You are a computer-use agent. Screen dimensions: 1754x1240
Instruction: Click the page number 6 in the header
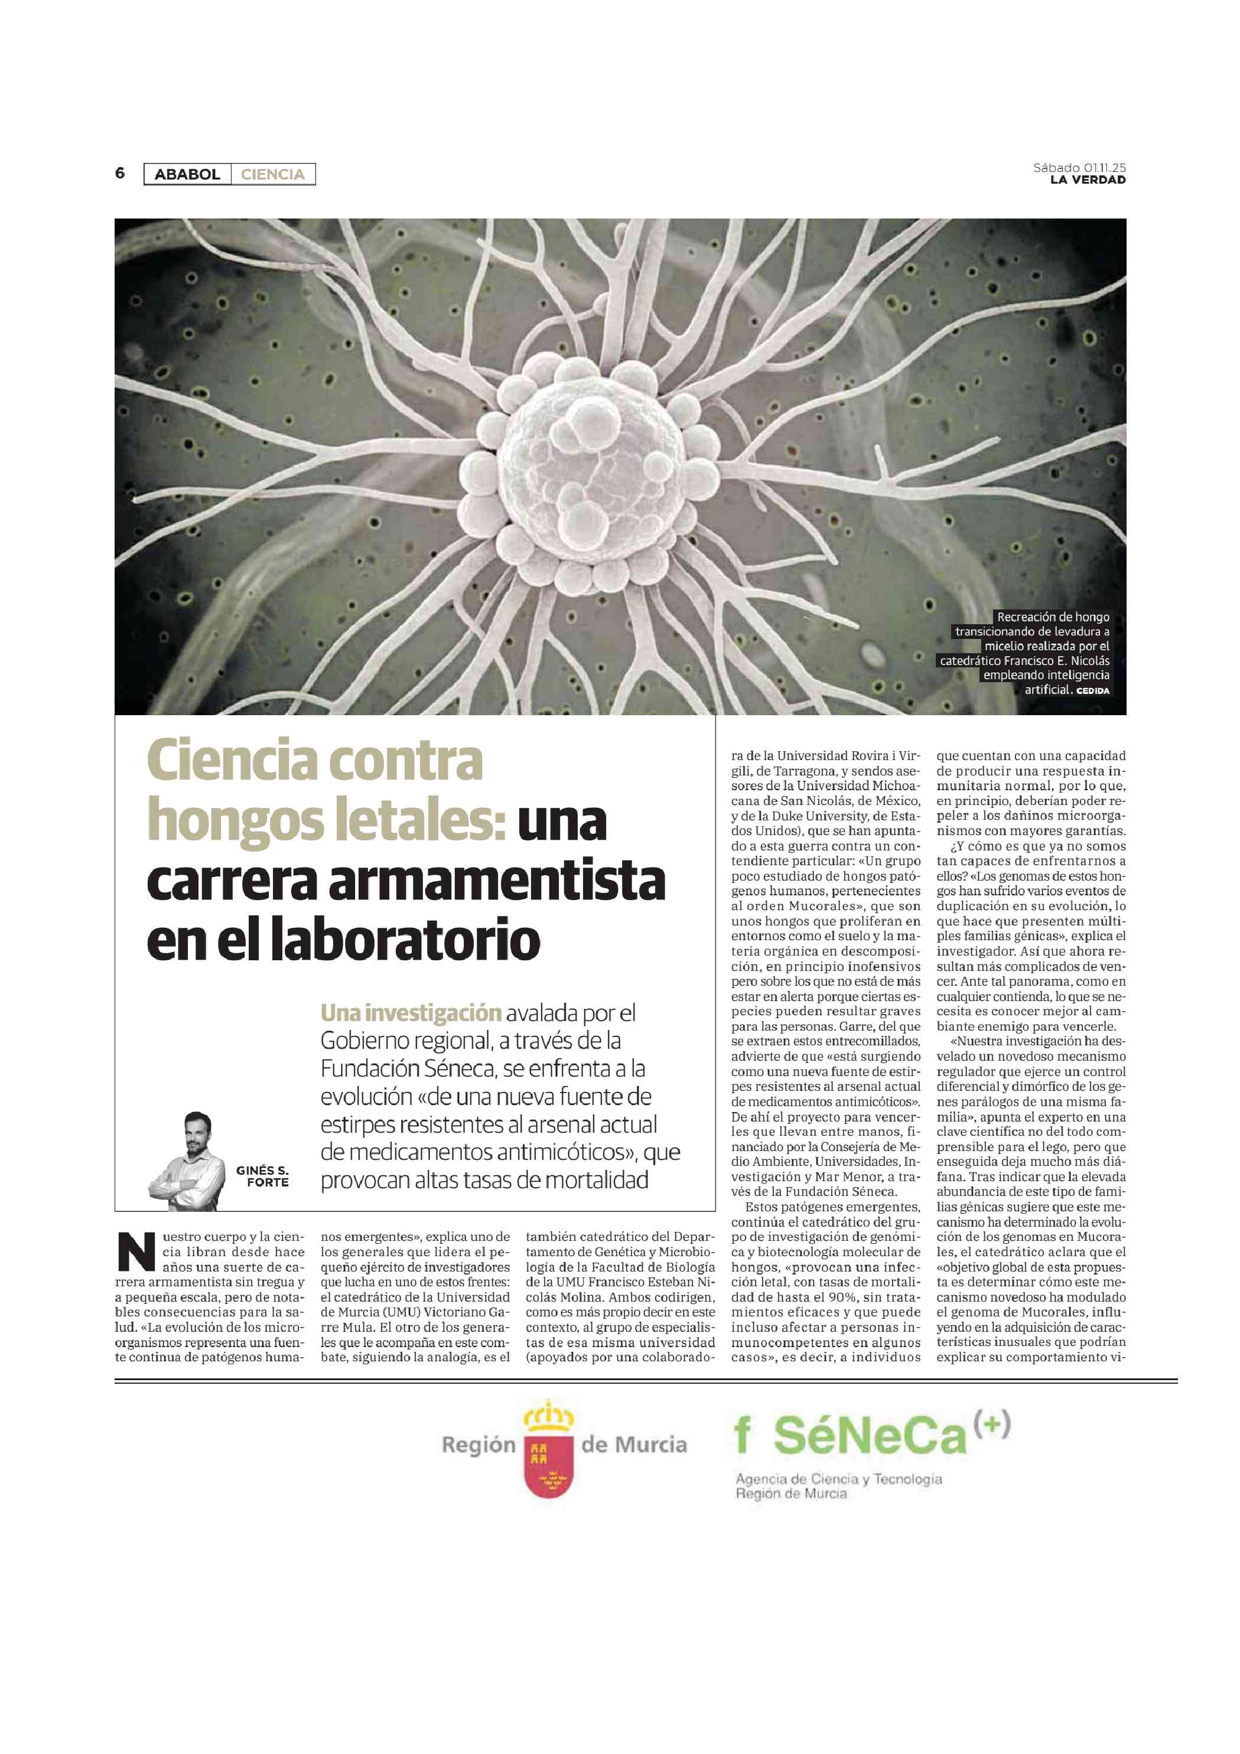click(x=120, y=174)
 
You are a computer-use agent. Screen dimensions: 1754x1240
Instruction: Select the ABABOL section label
click(x=187, y=174)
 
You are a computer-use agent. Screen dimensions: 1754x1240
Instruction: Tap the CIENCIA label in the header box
click(x=273, y=174)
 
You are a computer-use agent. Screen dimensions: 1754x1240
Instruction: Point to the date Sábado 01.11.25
click(x=1079, y=167)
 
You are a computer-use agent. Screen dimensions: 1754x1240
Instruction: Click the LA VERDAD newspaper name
click(x=1087, y=180)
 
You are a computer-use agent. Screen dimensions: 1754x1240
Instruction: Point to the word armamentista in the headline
click(x=497, y=880)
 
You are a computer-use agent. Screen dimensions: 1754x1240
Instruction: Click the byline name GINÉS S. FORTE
click(x=262, y=1176)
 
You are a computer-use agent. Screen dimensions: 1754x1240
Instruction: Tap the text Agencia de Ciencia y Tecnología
click(x=838, y=1479)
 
